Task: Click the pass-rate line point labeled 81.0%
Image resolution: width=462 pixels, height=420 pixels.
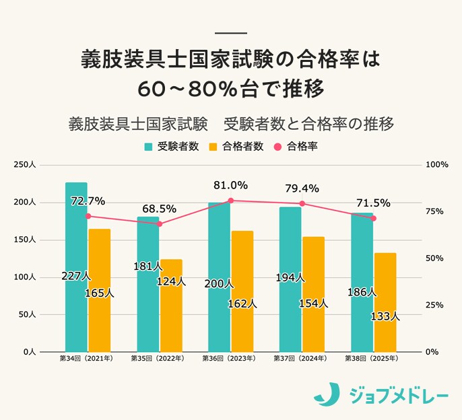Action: pyautogui.click(x=230, y=201)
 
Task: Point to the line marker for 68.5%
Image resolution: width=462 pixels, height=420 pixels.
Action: pyautogui.click(x=160, y=223)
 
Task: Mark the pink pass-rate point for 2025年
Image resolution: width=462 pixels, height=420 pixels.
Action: pyautogui.click(x=374, y=218)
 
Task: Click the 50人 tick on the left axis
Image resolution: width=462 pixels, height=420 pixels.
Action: pyautogui.click(x=35, y=314)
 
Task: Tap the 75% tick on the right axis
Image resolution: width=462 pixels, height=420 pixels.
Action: pyautogui.click(x=434, y=211)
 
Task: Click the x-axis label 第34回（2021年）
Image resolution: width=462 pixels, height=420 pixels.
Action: pyautogui.click(x=86, y=359)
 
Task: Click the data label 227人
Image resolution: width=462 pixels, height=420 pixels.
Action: pyautogui.click(x=75, y=276)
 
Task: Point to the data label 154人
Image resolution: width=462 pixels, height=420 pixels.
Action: pyautogui.click(x=313, y=304)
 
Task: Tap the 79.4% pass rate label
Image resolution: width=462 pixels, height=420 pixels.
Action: pyautogui.click(x=302, y=188)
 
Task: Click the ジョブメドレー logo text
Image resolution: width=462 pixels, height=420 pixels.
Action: pyautogui.click(x=399, y=394)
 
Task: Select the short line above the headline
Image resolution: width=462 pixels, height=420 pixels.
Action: pyautogui.click(x=230, y=34)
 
